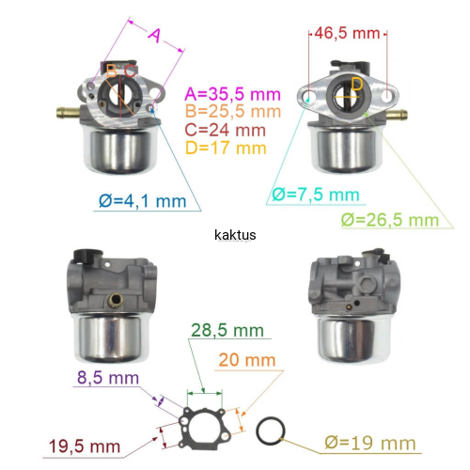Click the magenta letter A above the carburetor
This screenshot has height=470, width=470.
155,35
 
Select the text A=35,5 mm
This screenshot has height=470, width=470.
232,94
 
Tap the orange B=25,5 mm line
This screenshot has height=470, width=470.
233,111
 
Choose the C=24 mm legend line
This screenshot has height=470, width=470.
225,130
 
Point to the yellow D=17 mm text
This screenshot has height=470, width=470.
226,148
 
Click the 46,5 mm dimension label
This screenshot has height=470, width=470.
347,33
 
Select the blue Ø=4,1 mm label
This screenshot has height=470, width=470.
143,201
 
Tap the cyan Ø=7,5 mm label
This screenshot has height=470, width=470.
316,195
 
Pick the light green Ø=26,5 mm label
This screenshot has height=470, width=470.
390,220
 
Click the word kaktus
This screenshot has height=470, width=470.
235,235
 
